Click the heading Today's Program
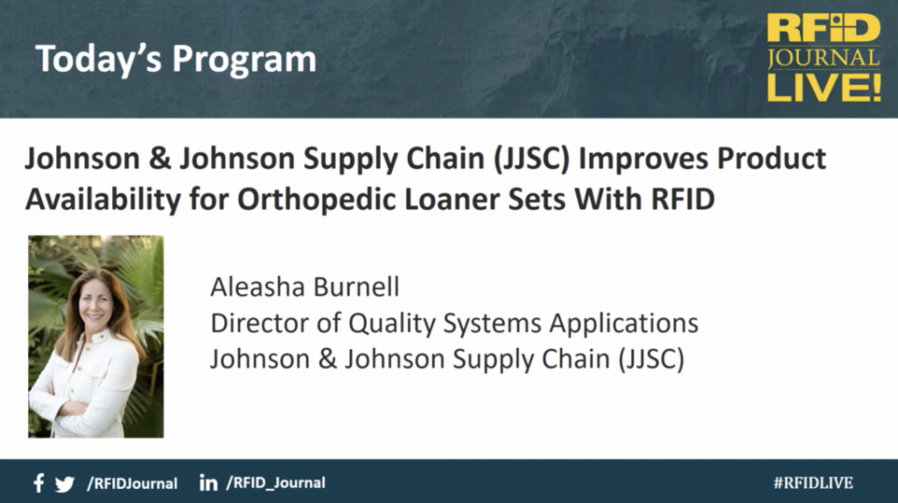click(176, 60)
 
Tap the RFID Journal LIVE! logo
click(823, 58)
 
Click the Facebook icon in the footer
click(38, 483)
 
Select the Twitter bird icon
click(65, 484)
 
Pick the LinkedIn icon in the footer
click(209, 483)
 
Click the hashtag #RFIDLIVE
click(813, 483)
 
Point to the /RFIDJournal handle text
click(132, 483)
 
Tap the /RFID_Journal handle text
click(276, 483)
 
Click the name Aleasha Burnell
click(305, 287)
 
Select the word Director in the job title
click(259, 323)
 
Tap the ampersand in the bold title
click(160, 159)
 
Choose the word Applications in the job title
click(624, 323)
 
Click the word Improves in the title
click(644, 159)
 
